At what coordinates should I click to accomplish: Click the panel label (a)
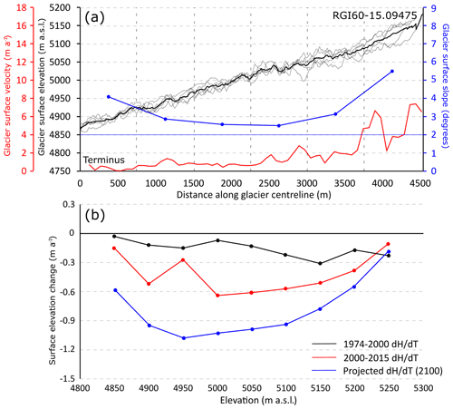[x=94, y=17]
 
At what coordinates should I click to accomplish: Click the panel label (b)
[x=95, y=215]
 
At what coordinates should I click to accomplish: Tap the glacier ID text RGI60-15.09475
[x=374, y=15]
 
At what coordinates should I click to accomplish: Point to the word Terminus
[x=104, y=160]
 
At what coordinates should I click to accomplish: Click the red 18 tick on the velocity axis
[x=22, y=7]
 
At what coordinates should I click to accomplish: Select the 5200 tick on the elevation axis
[x=60, y=7]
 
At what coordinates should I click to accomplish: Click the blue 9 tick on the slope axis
[x=433, y=8]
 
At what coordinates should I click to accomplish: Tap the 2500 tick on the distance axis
[x=269, y=183]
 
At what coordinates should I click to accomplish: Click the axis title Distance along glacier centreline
[x=254, y=195]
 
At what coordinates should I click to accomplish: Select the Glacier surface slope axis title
[x=445, y=86]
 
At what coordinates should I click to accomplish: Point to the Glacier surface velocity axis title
[x=7, y=95]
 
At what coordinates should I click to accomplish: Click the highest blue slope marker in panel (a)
[x=392, y=71]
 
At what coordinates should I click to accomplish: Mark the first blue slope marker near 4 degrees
[x=109, y=97]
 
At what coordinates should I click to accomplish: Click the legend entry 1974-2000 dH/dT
[x=381, y=344]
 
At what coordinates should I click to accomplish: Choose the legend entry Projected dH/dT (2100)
[x=392, y=371]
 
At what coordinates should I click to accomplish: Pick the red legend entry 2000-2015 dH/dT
[x=381, y=357]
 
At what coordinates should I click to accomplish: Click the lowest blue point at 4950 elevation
[x=184, y=338]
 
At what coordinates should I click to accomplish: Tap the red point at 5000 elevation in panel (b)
[x=217, y=296]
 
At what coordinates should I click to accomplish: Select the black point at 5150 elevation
[x=320, y=263]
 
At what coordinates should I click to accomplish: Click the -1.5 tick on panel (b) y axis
[x=68, y=378]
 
